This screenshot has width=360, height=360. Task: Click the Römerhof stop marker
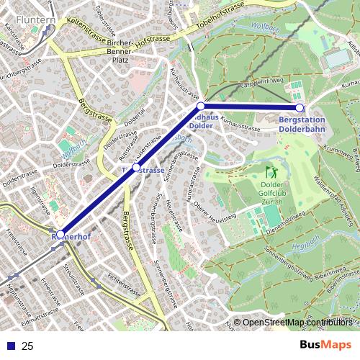click(60, 234)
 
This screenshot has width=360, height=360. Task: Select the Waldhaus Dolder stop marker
click(201, 107)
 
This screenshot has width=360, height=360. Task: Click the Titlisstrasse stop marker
click(136, 167)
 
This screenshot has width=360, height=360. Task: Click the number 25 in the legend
click(27, 346)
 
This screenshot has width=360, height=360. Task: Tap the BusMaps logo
click(325, 346)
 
